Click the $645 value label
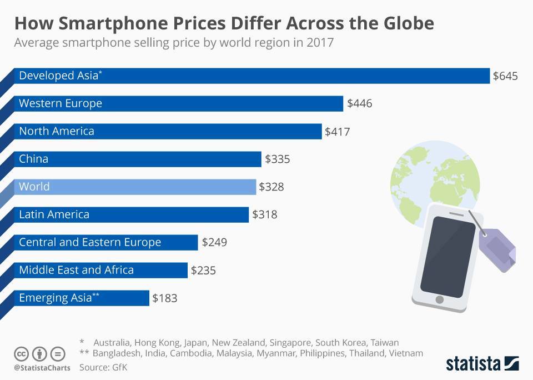pos(505,76)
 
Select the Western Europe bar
pos(178,103)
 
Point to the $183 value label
pos(165,298)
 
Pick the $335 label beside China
pos(278,159)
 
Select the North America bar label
pos(57,131)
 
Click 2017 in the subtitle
pos(319,43)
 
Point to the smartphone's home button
pos(440,300)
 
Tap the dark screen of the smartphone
pos(441,256)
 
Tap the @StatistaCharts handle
pos(42,368)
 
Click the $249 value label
pos(214,243)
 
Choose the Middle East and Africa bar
pos(100,270)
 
